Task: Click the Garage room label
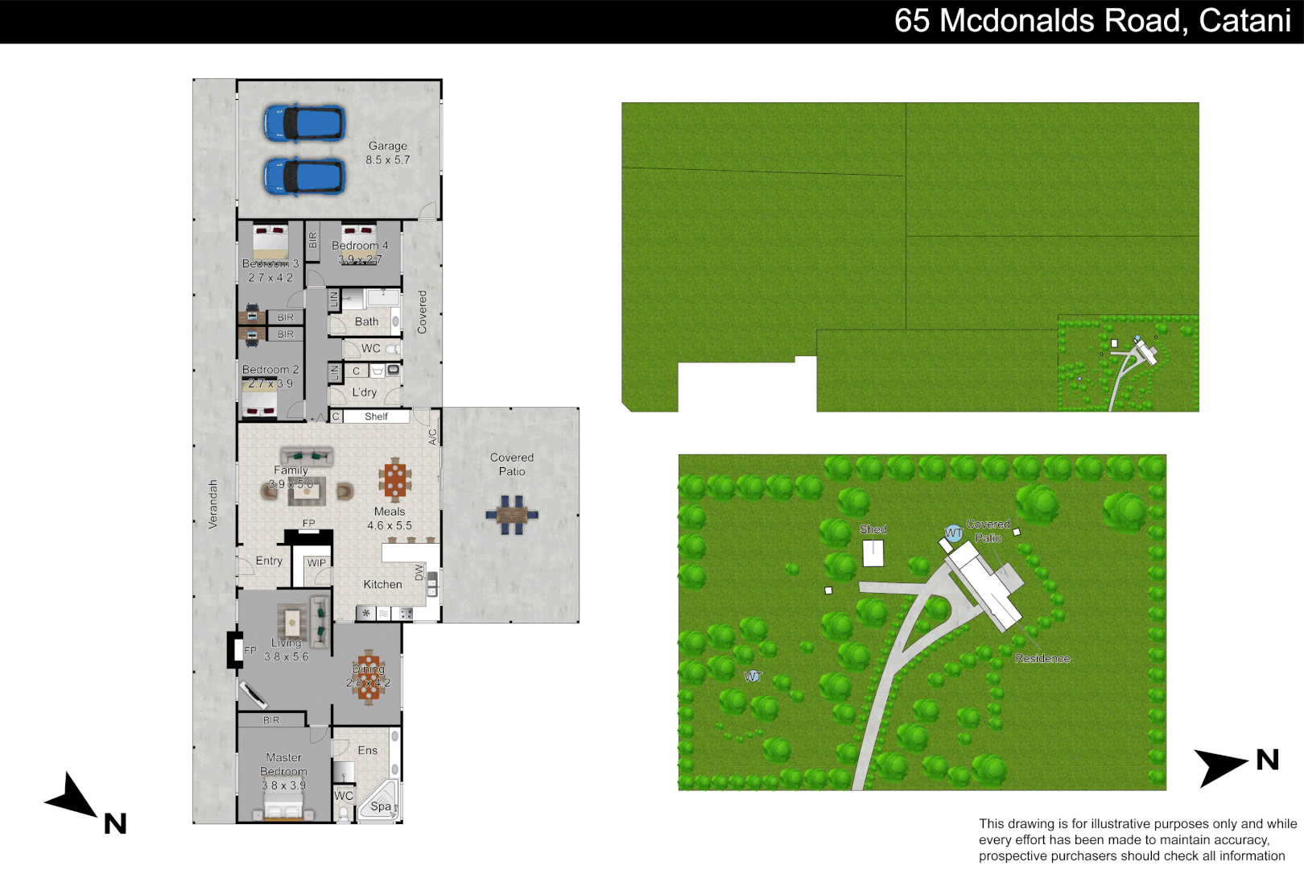point(387,146)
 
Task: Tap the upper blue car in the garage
point(304,123)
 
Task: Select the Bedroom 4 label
point(360,246)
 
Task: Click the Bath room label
point(366,321)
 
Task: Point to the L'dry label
point(364,392)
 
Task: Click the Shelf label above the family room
point(376,416)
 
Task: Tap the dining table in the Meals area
point(394,480)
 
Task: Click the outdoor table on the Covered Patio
point(511,514)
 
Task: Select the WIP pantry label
point(316,563)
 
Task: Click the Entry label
point(269,561)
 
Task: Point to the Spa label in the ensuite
point(381,806)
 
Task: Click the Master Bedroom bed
point(283,802)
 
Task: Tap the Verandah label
point(213,504)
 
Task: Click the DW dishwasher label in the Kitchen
point(419,572)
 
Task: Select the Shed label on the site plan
point(873,529)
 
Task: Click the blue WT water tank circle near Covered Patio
point(953,533)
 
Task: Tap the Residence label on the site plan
point(1042,658)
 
